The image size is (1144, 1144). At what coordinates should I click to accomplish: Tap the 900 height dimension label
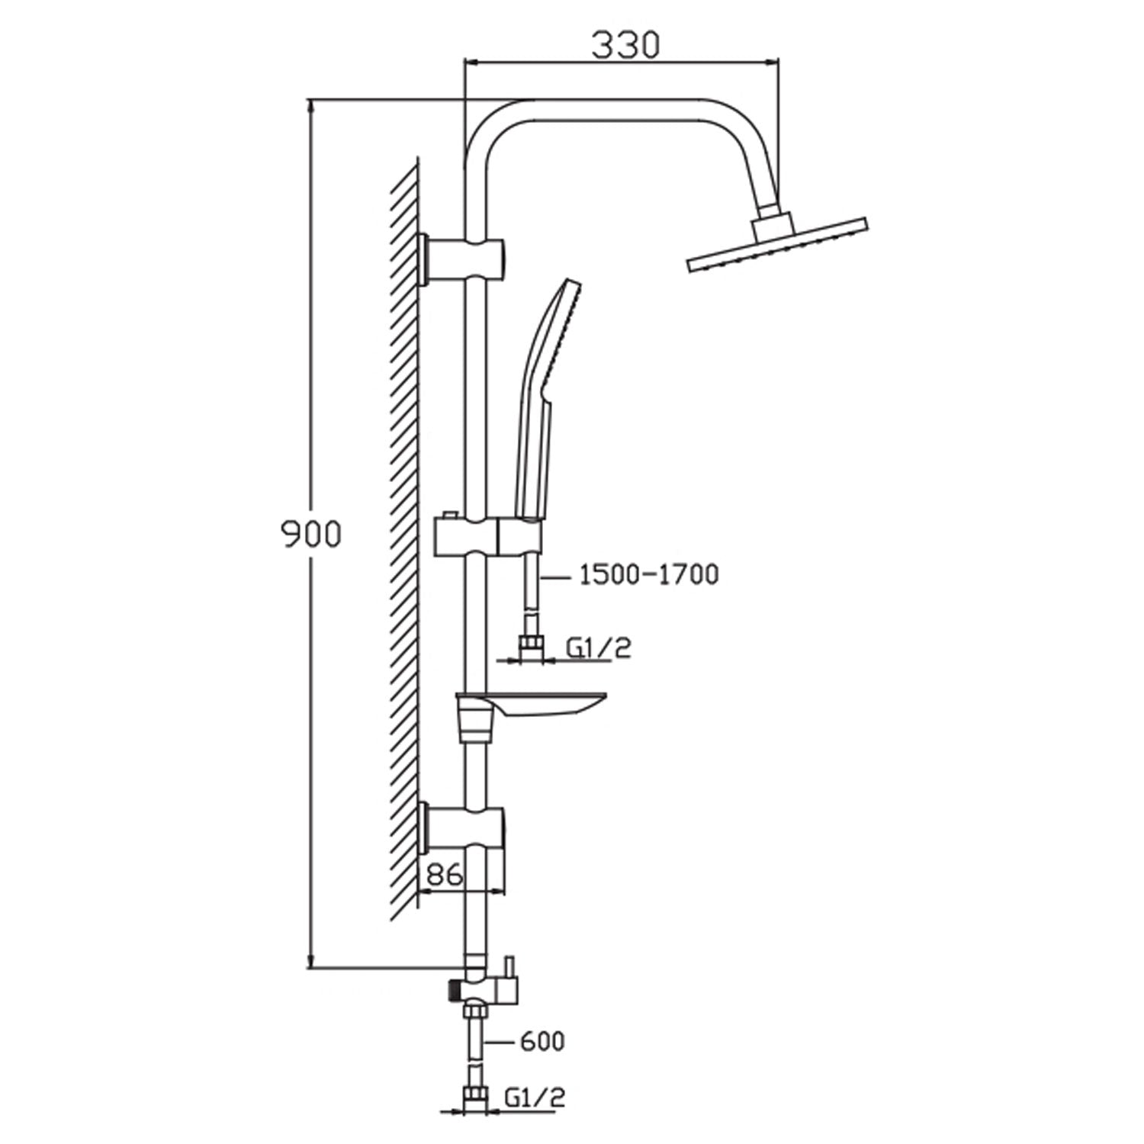point(310,535)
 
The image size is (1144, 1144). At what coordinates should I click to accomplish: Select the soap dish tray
point(534,705)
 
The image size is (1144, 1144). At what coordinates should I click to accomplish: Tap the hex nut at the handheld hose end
point(531,647)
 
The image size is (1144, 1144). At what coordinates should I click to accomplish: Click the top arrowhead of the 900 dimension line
point(311,107)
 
